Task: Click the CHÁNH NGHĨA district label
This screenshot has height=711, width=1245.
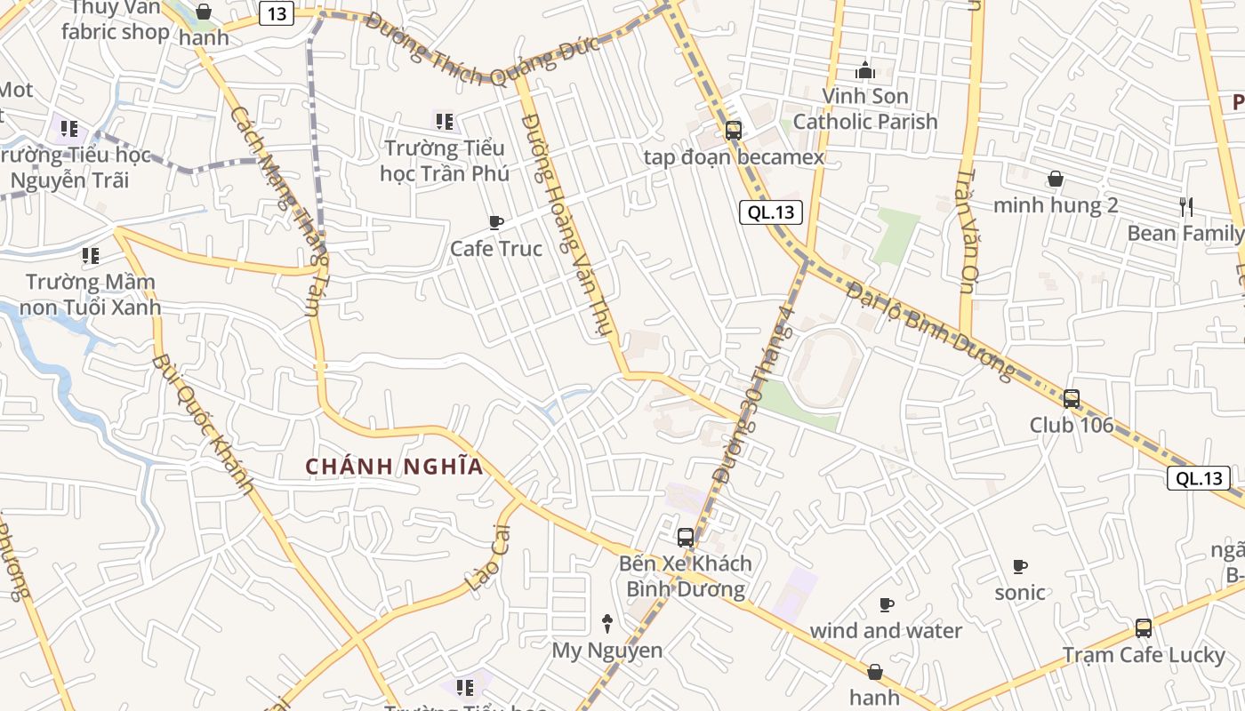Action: coord(395,467)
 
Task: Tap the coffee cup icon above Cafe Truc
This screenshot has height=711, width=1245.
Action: coord(496,222)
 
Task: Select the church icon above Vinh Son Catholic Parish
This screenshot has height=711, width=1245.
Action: coord(864,69)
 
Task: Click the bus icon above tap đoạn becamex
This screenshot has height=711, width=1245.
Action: coord(733,131)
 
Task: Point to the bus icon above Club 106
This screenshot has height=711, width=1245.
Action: coord(1072,399)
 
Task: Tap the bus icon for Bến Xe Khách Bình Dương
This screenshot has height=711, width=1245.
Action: coord(685,537)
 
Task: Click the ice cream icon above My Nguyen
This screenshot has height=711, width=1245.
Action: coord(607,623)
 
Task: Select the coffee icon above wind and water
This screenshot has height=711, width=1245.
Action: coord(886,604)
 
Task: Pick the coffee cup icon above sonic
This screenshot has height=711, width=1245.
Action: coord(1020,566)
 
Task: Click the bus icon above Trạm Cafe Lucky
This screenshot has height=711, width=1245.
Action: coord(1144,628)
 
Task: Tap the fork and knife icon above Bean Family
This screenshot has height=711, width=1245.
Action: coord(1185,207)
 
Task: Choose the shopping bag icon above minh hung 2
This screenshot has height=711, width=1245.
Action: coord(1055,180)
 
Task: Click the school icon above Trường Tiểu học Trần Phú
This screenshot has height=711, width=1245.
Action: coord(444,121)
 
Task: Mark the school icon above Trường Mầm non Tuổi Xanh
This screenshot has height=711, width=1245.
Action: coord(90,256)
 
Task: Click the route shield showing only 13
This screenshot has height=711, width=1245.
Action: coord(277,15)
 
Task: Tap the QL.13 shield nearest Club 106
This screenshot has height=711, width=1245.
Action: coord(1198,478)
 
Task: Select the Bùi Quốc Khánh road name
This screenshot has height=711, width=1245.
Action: coord(202,424)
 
